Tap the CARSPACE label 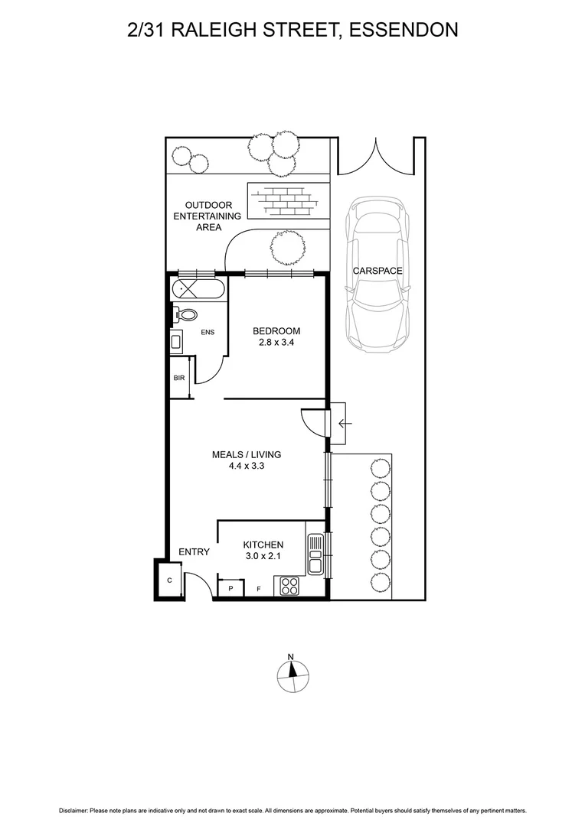[x=377, y=271]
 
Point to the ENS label [x=208, y=332]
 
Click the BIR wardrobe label [x=178, y=378]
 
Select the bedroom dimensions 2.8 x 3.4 [x=276, y=343]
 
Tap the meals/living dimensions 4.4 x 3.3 [x=247, y=467]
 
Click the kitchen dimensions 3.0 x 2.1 [x=263, y=556]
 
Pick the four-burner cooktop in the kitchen [x=289, y=587]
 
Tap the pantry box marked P [x=230, y=588]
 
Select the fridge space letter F [x=258, y=588]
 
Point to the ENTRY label [x=194, y=551]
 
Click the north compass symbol [x=292, y=674]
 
